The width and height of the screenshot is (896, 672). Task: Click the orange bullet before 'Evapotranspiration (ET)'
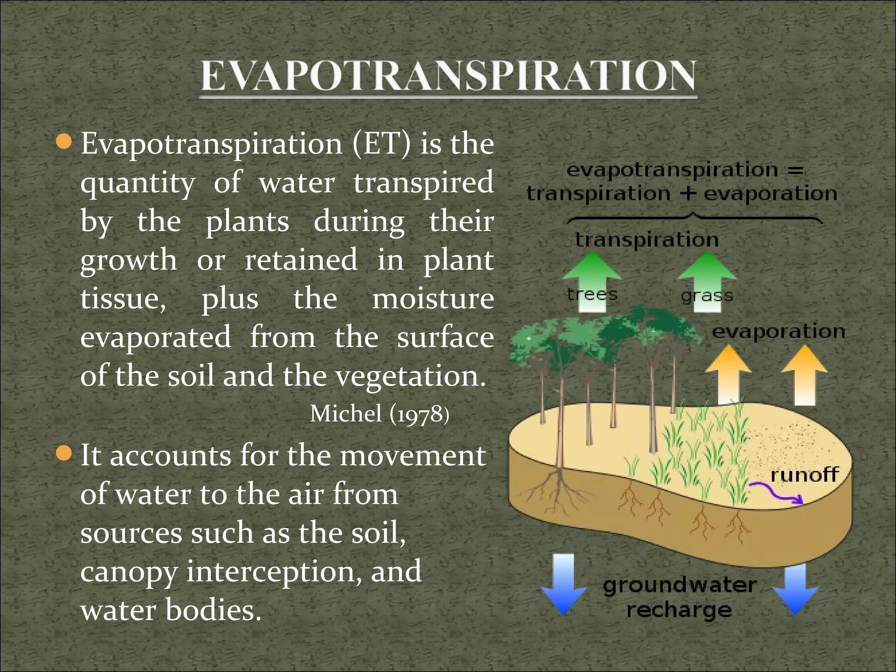[64, 141]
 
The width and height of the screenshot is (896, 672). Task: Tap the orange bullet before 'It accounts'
[64, 453]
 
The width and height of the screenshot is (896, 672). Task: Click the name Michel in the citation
[346, 413]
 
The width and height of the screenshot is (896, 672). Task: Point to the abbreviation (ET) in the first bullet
[381, 143]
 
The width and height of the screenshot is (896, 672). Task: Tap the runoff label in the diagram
[804, 475]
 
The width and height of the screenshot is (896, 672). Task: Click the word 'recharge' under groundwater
[679, 610]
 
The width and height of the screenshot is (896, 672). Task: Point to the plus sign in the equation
[688, 193]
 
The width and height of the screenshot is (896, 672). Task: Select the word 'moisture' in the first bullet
[433, 299]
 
